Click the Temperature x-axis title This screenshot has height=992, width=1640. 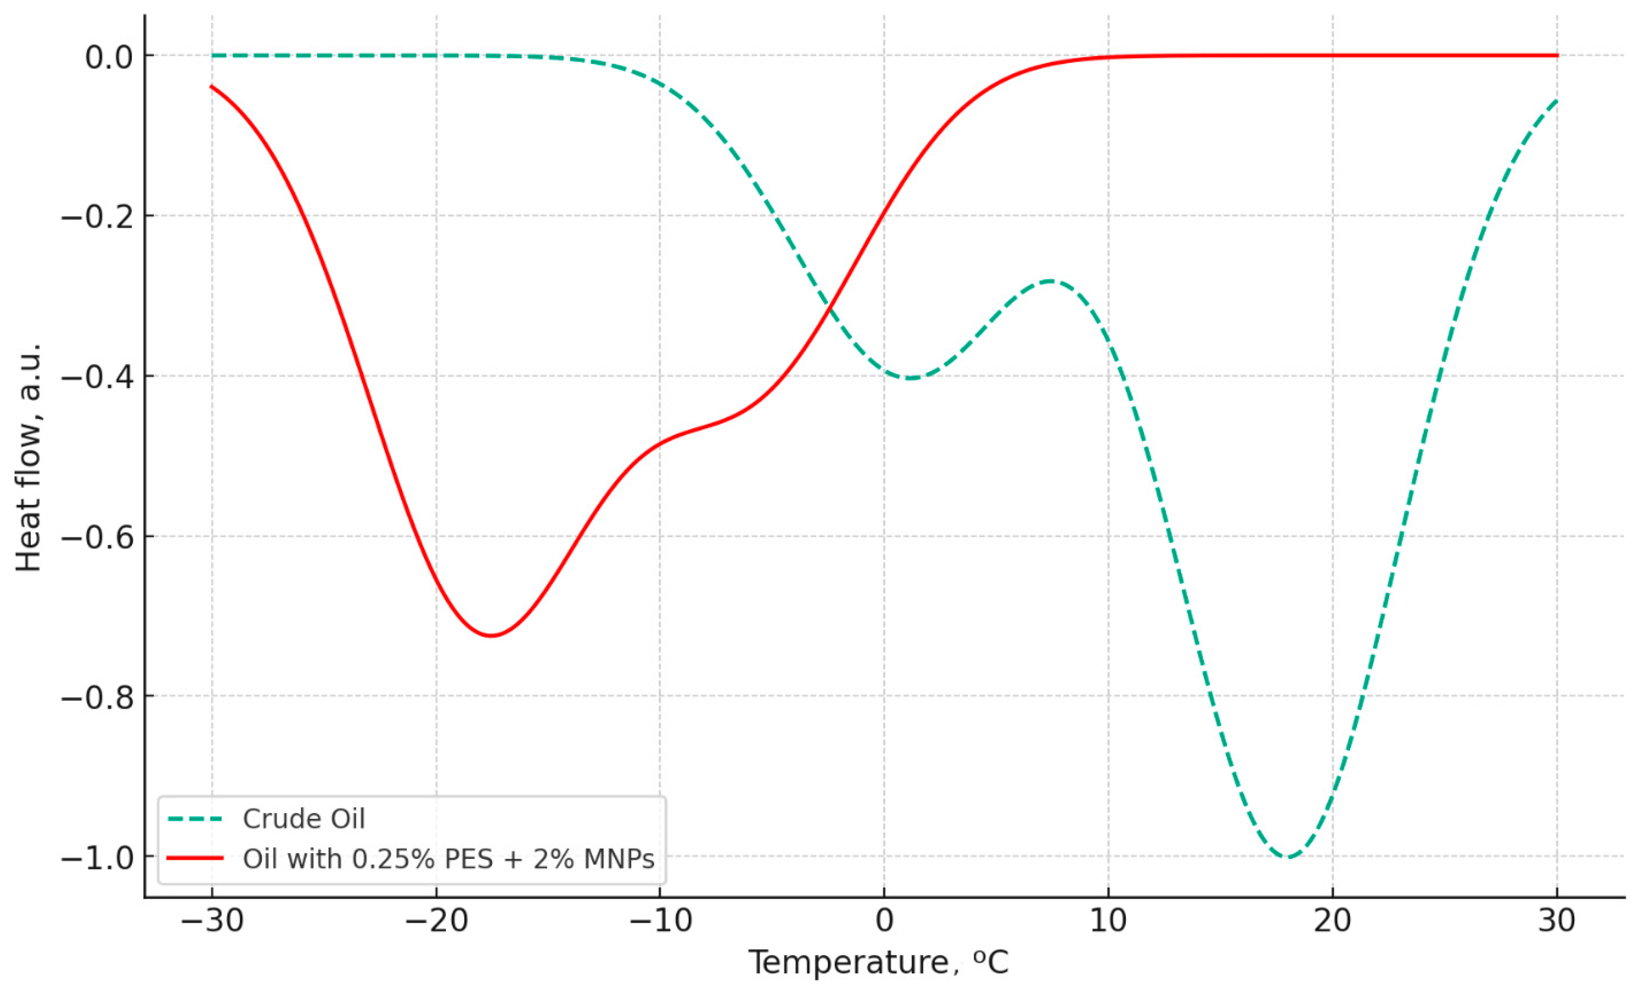click(879, 962)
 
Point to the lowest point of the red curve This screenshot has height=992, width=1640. click(491, 635)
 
